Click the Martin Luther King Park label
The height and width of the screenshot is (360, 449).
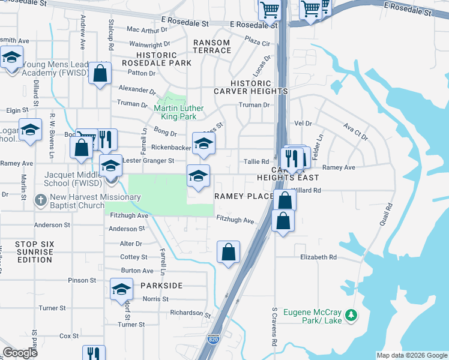(179, 112)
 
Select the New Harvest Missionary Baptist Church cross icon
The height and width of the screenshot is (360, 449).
(40, 200)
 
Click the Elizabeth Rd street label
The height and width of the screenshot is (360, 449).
(319, 257)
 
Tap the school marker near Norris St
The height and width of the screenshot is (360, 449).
(121, 289)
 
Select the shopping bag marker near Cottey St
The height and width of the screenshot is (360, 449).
(228, 252)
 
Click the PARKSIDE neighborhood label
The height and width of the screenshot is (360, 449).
(161, 286)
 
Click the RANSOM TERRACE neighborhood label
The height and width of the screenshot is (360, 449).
(212, 46)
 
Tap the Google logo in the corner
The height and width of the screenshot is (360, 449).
(20, 353)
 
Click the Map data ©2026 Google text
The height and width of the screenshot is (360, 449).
(412, 355)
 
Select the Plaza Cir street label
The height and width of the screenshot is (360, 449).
(258, 43)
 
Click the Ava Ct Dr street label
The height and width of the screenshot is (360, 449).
(355, 132)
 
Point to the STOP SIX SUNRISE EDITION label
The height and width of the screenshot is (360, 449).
(34, 252)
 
